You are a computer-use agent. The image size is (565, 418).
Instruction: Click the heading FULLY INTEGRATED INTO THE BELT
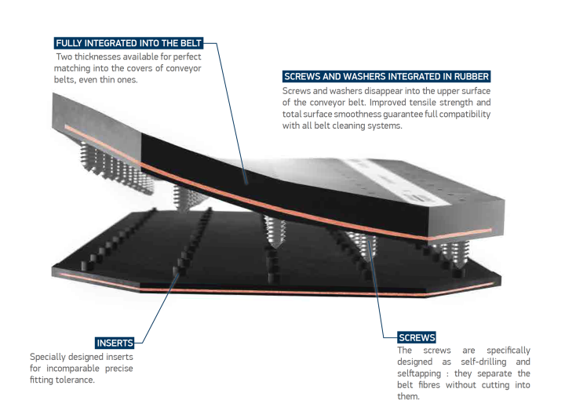pyautogui.click(x=129, y=43)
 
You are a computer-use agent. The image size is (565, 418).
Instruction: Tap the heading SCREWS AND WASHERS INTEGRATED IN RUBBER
pyautogui.click(x=386, y=77)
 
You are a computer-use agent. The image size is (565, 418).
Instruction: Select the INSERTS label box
pyautogui.click(x=115, y=343)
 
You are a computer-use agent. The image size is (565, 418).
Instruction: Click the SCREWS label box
pyautogui.click(x=417, y=337)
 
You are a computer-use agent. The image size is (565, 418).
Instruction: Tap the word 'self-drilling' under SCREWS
pyautogui.click(x=483, y=362)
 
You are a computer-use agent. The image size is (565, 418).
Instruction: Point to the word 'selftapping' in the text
pyautogui.click(x=419, y=373)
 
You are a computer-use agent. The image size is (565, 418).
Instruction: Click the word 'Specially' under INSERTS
pyautogui.click(x=47, y=357)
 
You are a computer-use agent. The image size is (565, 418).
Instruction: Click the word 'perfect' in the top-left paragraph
pyautogui.click(x=187, y=57)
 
